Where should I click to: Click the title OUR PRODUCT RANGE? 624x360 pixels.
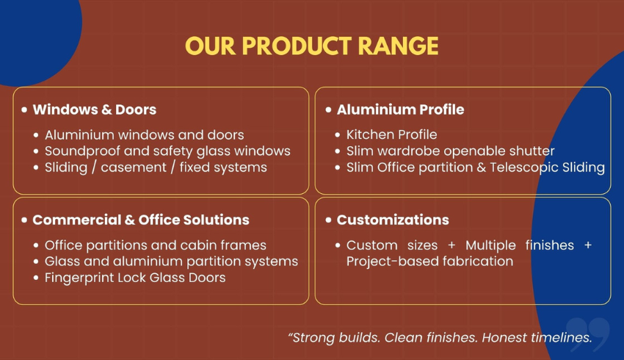pyautogui.click(x=311, y=46)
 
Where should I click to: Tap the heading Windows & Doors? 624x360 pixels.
pyautogui.click(x=94, y=109)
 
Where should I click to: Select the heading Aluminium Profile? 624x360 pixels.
pyautogui.click(x=400, y=109)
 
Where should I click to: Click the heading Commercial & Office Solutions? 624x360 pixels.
pyautogui.click(x=141, y=220)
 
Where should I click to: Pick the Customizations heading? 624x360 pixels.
pyautogui.click(x=393, y=220)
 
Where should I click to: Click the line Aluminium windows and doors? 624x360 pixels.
pyautogui.click(x=144, y=135)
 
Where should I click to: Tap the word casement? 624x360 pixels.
pyautogui.click(x=134, y=168)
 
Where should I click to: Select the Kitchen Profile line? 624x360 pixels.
pyautogui.click(x=391, y=134)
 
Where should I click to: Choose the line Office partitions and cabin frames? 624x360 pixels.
pyautogui.click(x=155, y=245)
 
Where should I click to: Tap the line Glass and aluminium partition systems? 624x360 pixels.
pyautogui.click(x=171, y=262)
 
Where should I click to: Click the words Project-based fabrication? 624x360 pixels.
pyautogui.click(x=429, y=262)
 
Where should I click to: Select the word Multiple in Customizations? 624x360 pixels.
pyautogui.click(x=490, y=245)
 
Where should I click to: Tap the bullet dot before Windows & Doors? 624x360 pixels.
pyautogui.click(x=25, y=109)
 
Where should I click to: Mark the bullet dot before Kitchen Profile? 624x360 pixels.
pyautogui.click(x=338, y=135)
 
